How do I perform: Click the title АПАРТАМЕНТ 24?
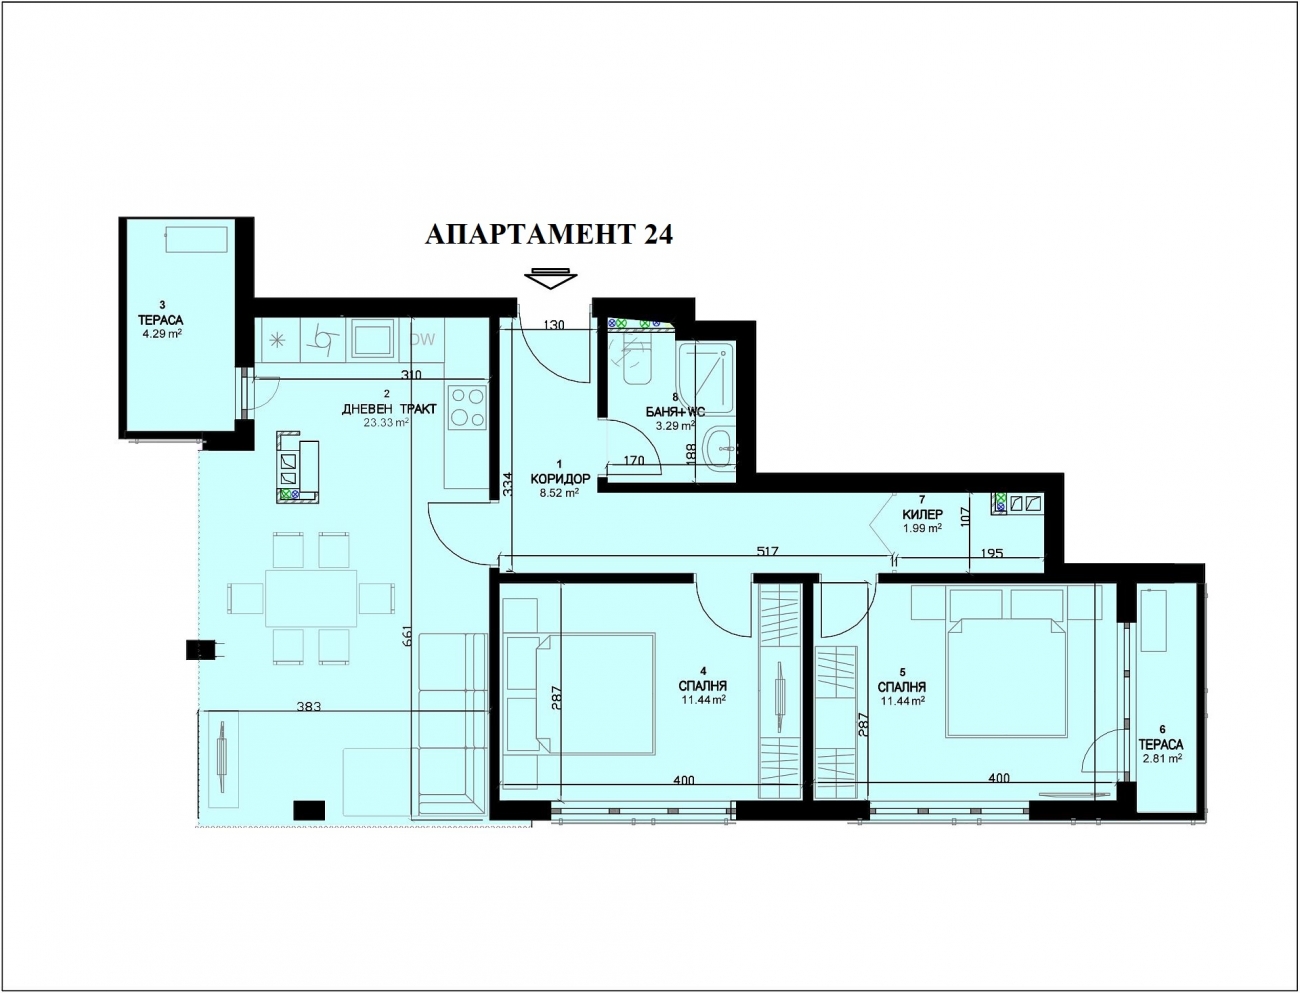(549, 234)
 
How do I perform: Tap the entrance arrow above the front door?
(551, 278)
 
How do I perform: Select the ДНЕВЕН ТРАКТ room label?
(389, 409)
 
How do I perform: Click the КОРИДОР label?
(560, 478)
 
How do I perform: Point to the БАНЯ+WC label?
(675, 412)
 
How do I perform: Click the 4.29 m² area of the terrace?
(161, 333)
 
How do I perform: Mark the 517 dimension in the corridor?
(768, 551)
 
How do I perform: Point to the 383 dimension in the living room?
(309, 706)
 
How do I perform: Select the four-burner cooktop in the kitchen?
(468, 406)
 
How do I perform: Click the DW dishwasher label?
(423, 339)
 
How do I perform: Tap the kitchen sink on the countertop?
(373, 339)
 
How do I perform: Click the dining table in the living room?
(311, 598)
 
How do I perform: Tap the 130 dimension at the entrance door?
(553, 324)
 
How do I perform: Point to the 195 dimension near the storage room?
(991, 553)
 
